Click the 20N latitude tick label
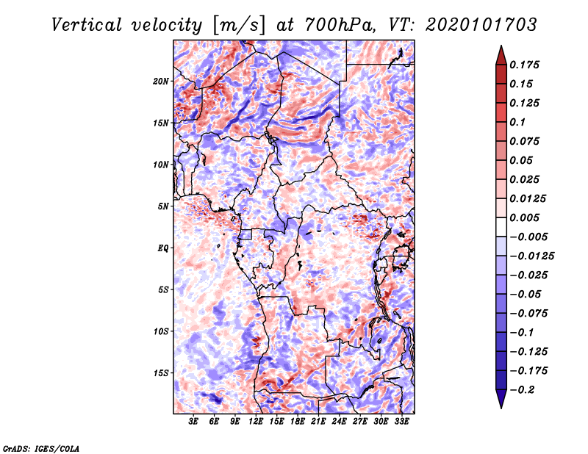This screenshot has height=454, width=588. [161, 82]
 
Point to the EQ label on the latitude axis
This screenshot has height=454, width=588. [162, 248]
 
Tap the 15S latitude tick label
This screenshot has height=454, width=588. [161, 373]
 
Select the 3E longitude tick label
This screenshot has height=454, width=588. [193, 421]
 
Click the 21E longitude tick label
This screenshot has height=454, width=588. [318, 421]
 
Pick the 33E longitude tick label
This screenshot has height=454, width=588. [401, 421]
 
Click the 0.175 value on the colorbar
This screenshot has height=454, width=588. [524, 65]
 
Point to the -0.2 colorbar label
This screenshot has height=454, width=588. [523, 390]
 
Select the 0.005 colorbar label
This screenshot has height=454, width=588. [524, 217]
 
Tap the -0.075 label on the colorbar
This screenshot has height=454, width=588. [528, 314]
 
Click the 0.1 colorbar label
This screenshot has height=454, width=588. [517, 122]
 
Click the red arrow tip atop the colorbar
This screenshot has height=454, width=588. [501, 46]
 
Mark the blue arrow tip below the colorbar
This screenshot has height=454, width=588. [501, 408]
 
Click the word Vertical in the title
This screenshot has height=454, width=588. [87, 25]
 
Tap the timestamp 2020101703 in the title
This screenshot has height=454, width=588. [481, 25]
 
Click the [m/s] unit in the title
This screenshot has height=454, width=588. [239, 26]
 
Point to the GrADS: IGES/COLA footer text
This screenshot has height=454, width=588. [41, 449]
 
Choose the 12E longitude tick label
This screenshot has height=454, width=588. [255, 421]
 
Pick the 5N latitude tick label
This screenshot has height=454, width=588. [163, 206]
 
